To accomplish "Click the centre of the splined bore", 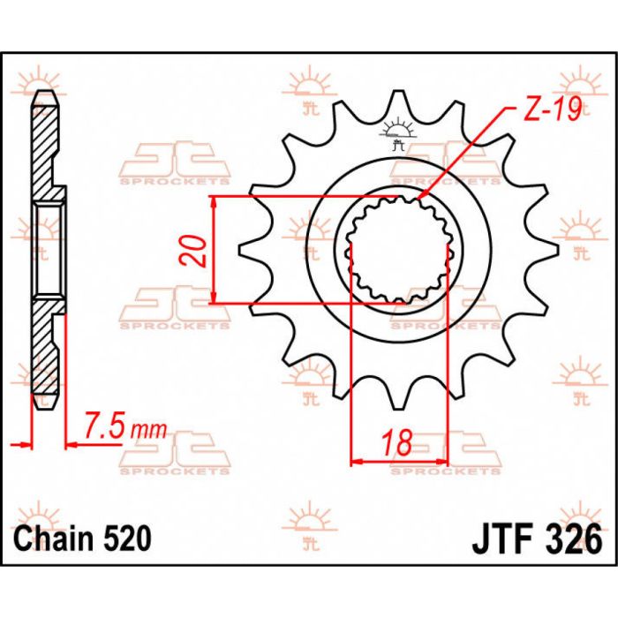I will coord(399,250).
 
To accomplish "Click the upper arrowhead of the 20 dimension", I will coord(215,200).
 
